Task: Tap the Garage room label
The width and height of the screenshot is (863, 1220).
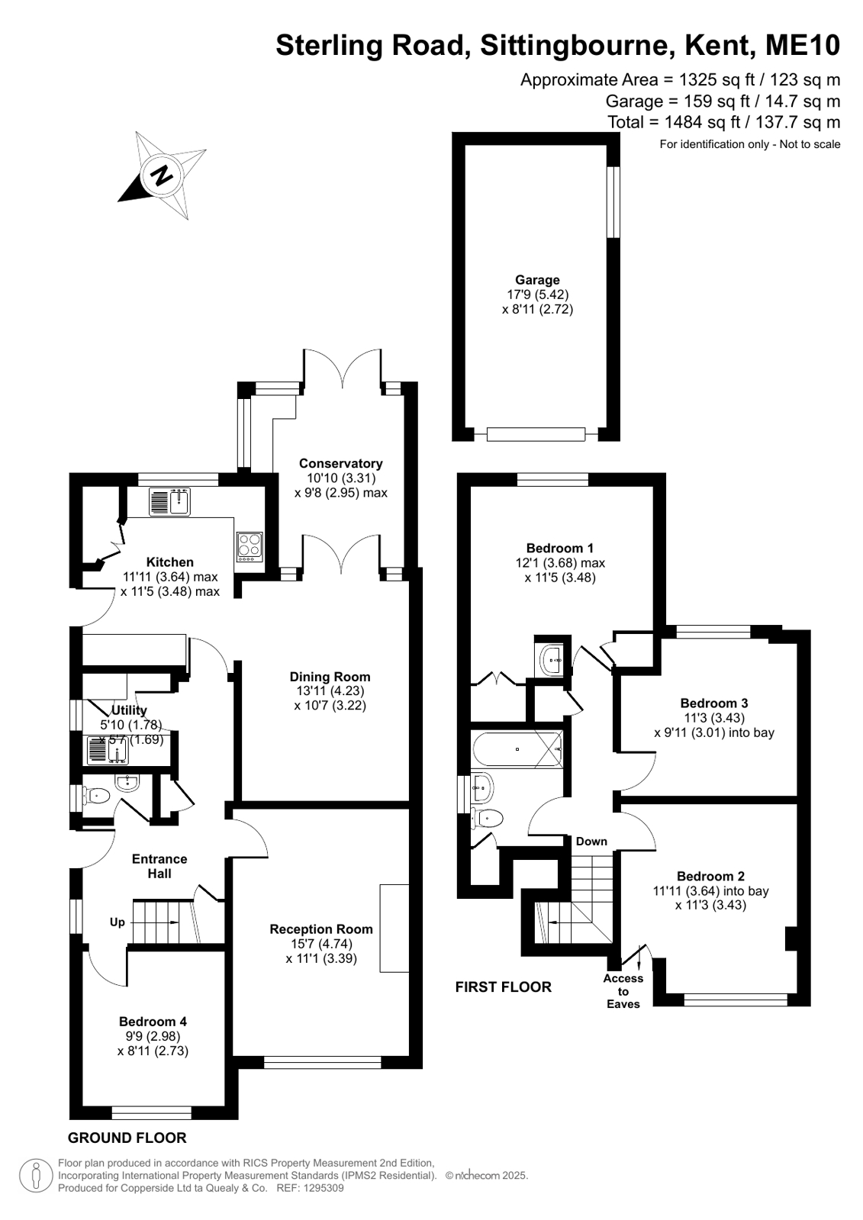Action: pos(537,280)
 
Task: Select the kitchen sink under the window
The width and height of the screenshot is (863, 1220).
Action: pos(169,501)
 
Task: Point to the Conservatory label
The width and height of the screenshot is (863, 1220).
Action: pos(340,463)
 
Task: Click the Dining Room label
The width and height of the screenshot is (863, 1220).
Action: pos(330,677)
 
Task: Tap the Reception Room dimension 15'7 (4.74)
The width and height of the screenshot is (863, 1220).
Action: pos(321,944)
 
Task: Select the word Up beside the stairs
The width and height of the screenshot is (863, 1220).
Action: pos(118,922)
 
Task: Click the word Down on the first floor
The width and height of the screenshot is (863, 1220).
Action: pos(591,842)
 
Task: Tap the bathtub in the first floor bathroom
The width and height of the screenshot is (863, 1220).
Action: pos(517,749)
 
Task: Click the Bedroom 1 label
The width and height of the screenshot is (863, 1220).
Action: pos(559,549)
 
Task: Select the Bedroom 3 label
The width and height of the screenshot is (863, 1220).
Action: pos(713,703)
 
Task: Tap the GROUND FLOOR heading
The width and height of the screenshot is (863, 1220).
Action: pos(127,1138)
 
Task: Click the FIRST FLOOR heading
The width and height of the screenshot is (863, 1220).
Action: pos(504,987)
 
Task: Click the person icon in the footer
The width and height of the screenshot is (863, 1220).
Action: pos(36,1175)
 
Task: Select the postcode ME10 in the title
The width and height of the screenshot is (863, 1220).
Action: pos(802,45)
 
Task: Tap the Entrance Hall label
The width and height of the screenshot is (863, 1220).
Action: pos(159,866)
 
